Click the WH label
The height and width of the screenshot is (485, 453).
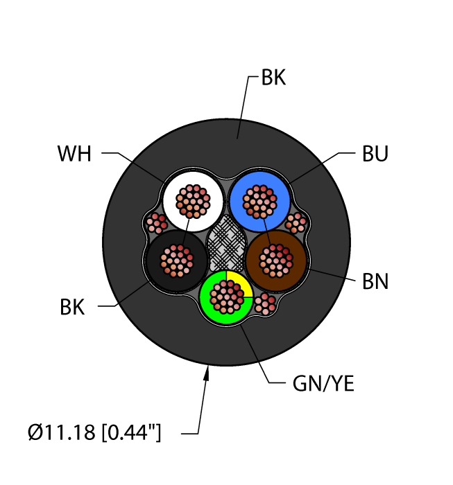74,154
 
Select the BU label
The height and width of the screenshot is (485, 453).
375,154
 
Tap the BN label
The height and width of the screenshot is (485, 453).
375,282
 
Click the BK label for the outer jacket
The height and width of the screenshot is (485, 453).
273,78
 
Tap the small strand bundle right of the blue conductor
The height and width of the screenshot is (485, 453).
297,222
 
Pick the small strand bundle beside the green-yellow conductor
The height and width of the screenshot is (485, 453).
265,303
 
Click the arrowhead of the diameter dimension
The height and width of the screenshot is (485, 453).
206,375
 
